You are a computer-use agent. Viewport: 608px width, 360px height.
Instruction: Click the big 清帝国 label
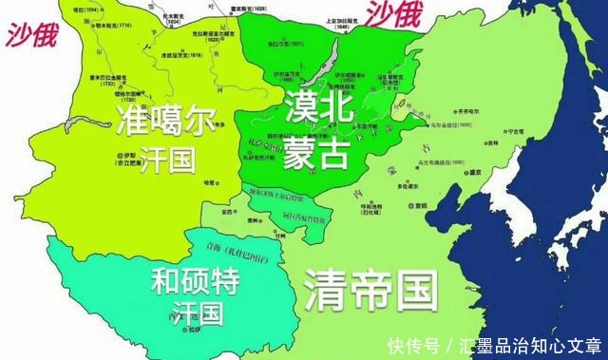(x=370, y=286)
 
